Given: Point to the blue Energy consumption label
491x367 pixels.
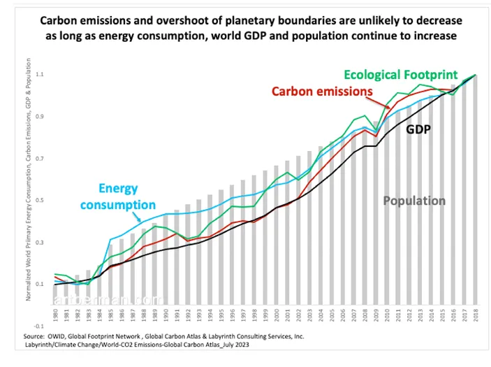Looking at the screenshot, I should pyautogui.click(x=117, y=197).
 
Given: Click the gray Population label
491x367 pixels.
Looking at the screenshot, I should pyautogui.click(x=413, y=201).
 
